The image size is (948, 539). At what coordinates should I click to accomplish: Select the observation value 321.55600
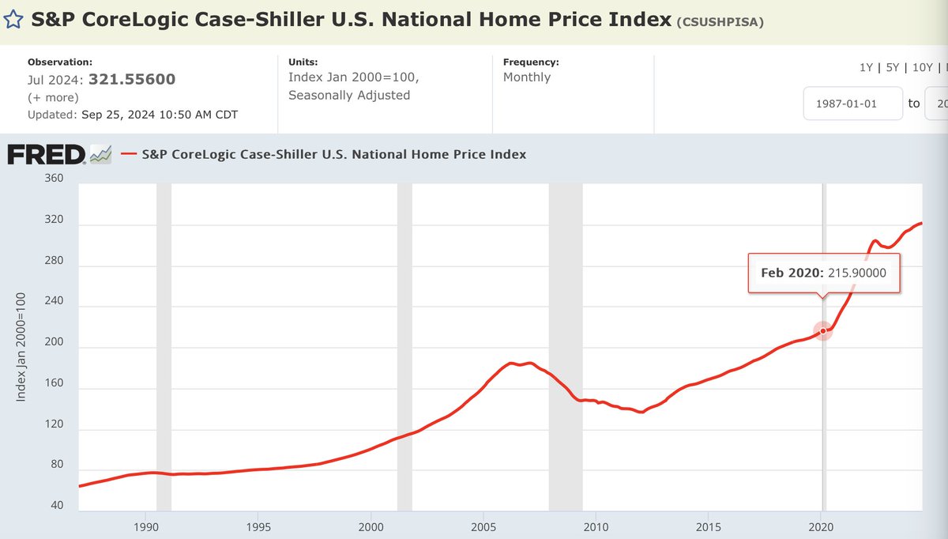[x=132, y=79]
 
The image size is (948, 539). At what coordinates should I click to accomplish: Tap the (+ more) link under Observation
[x=53, y=97]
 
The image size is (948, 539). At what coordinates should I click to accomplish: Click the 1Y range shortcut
[x=867, y=67]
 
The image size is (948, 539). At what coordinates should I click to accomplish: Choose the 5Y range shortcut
[x=893, y=67]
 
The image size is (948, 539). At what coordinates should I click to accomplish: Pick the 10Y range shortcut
[x=922, y=67]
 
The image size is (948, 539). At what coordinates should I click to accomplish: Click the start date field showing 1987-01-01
[x=852, y=104]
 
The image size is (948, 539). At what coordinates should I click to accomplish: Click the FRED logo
[x=47, y=155]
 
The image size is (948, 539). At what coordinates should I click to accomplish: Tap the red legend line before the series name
[x=129, y=155]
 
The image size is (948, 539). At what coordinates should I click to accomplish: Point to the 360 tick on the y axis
[x=53, y=179]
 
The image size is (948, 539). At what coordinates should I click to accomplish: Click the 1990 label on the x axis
[x=146, y=526]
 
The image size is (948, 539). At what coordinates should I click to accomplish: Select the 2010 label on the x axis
[x=596, y=526]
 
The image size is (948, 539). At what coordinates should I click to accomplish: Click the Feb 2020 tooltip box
[x=823, y=273]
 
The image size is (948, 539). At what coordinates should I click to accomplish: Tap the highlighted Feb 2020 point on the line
[x=823, y=330]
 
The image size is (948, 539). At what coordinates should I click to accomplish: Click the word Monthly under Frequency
[x=527, y=77]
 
